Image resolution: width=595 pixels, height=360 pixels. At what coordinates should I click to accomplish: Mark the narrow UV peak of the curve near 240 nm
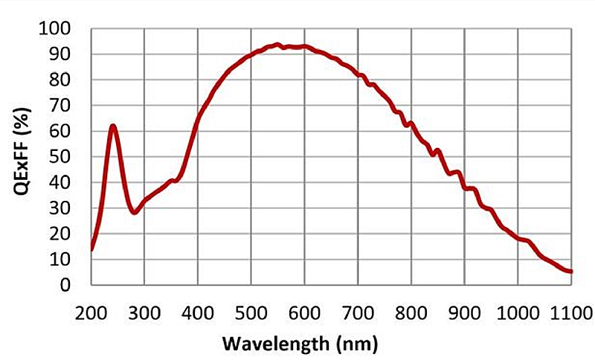pyautogui.click(x=113, y=126)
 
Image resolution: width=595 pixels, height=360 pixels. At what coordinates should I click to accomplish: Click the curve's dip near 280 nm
pyautogui.click(x=134, y=213)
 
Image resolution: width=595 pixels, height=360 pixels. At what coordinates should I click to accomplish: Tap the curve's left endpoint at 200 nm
pyautogui.click(x=91, y=249)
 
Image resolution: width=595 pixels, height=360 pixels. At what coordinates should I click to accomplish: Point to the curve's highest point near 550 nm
pyautogui.click(x=277, y=45)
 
